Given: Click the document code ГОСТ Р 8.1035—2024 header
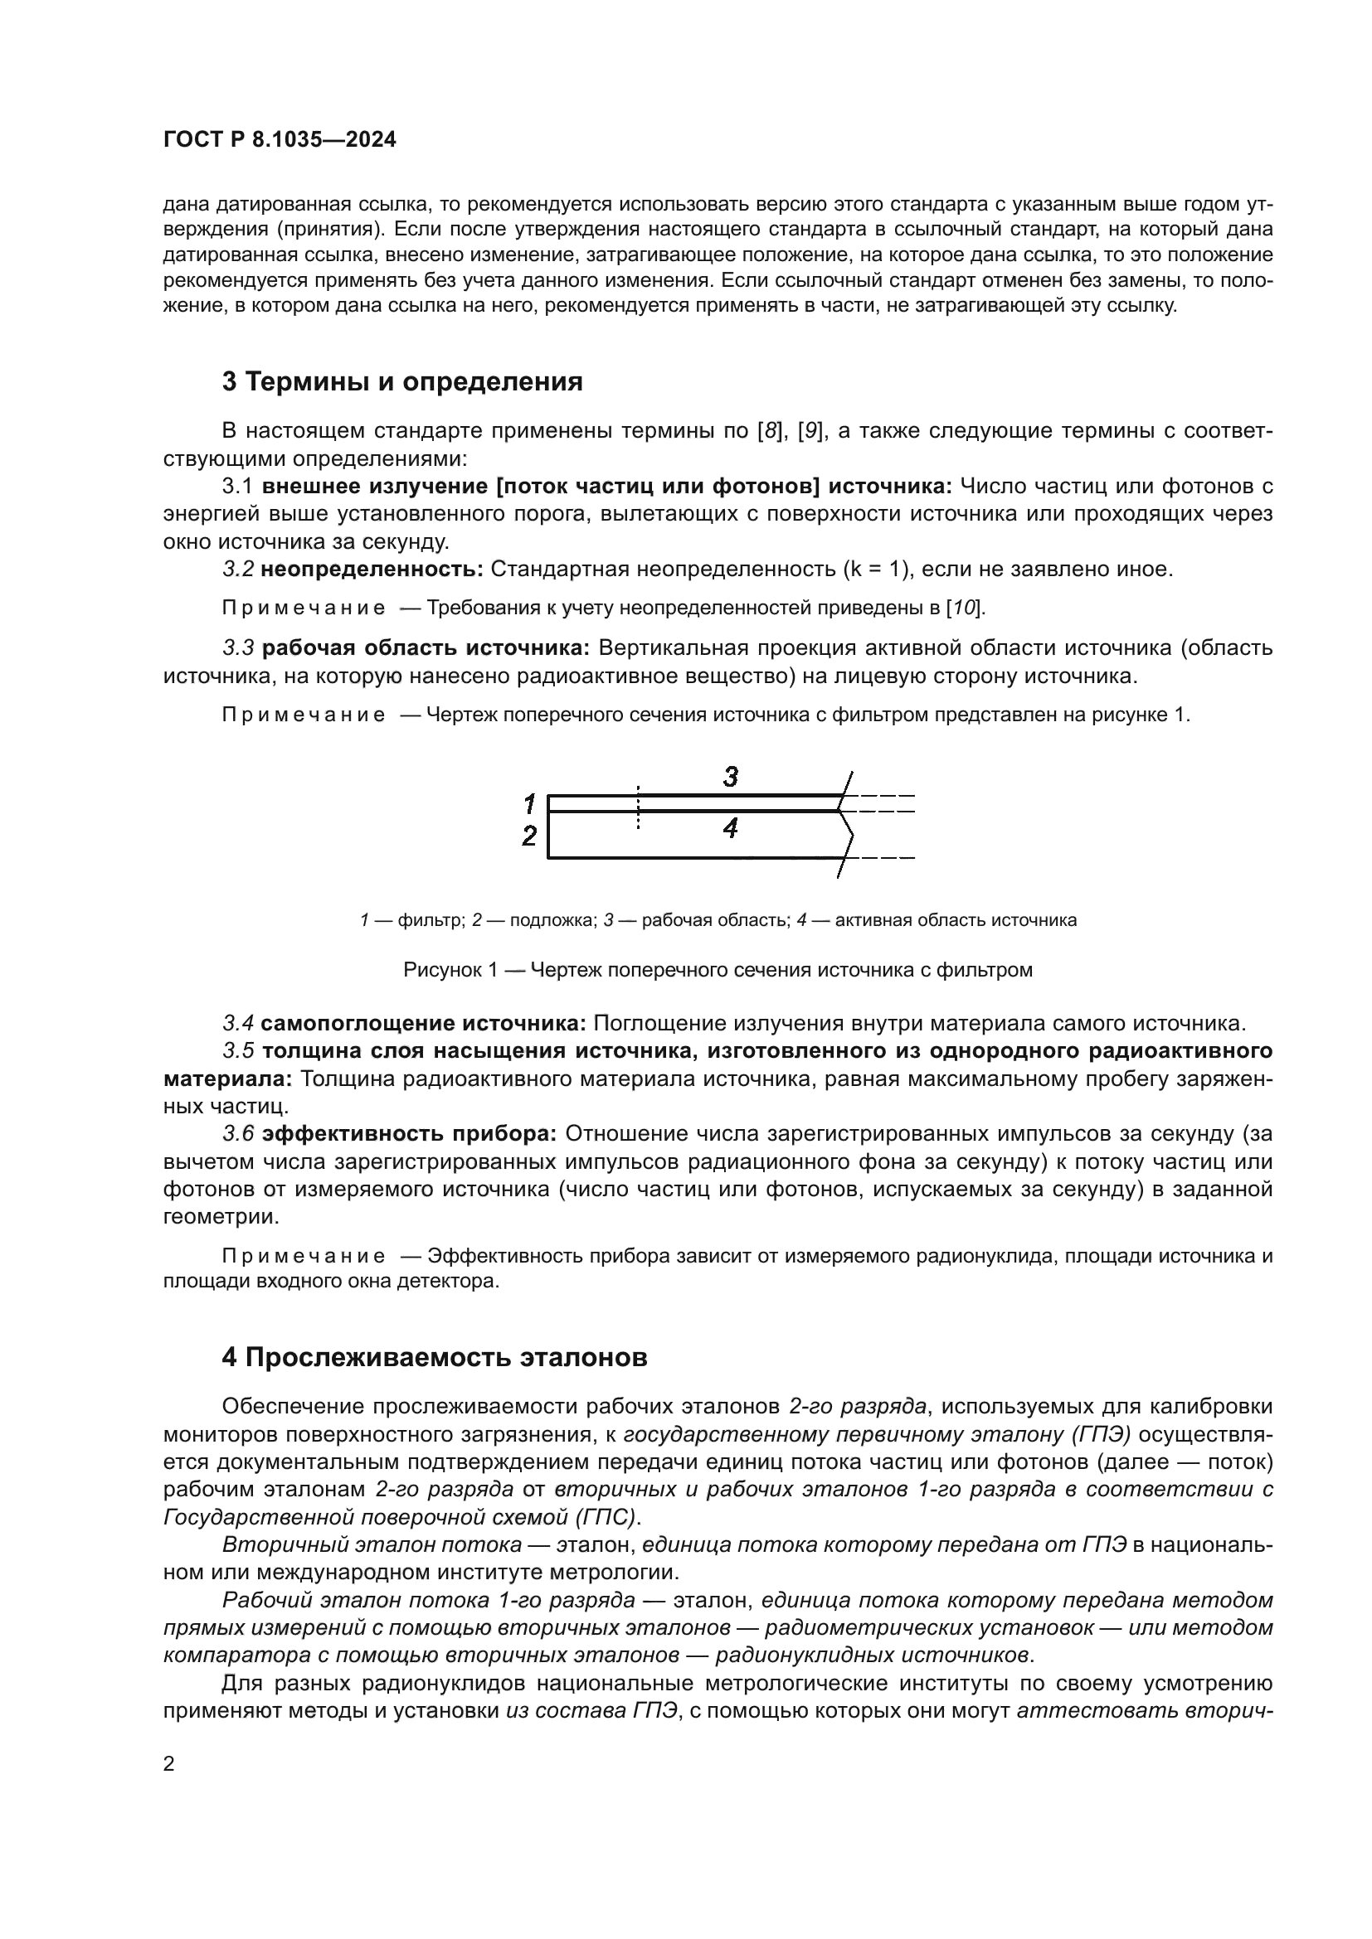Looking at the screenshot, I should (x=280, y=140).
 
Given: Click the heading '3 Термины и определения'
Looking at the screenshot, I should (x=402, y=381).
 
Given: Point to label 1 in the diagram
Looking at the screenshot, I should (x=530, y=802).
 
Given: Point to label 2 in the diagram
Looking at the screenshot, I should (x=530, y=836).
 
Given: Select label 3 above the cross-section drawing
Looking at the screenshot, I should (x=731, y=776).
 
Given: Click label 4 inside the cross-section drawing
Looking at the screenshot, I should (x=731, y=828).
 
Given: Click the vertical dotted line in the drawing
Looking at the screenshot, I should (x=638, y=807).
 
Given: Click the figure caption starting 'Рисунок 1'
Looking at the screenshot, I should (x=718, y=970).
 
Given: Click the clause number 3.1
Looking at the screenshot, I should (x=238, y=487).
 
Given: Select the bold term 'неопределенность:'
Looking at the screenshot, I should (x=372, y=570).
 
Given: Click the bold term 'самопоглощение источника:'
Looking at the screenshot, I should (x=423, y=1024).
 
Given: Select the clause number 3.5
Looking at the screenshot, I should (x=238, y=1050).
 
